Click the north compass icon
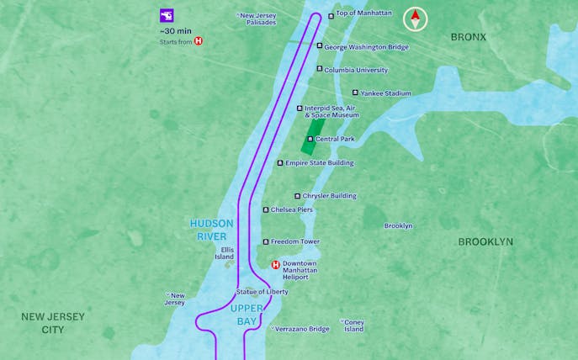point(415,19)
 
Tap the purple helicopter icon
point(167,15)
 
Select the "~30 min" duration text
point(175,30)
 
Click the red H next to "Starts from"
point(199,40)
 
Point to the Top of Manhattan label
point(363,14)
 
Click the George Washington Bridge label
point(366,47)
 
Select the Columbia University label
point(356,70)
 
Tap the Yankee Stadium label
point(385,93)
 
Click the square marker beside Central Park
point(310,139)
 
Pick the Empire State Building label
point(320,163)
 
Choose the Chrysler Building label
point(329,196)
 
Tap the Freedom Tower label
point(294,242)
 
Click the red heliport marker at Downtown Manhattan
point(275,265)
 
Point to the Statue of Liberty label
point(262,292)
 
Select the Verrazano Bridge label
point(302,329)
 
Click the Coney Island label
point(353,325)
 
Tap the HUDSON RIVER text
point(212,230)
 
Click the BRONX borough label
point(469,37)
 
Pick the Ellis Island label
point(224,253)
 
